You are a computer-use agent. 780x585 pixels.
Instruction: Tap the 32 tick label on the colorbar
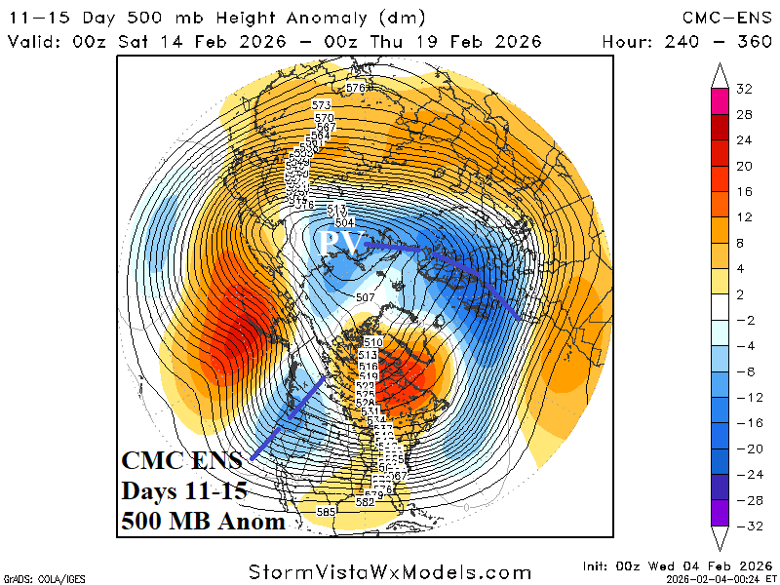click(745, 89)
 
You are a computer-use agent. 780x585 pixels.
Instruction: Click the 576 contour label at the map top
click(355, 89)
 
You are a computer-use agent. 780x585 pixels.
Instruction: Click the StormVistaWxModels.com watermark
click(390, 572)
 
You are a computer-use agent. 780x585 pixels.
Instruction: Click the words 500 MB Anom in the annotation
click(203, 522)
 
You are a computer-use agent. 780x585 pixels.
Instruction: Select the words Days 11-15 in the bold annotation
click(182, 490)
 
